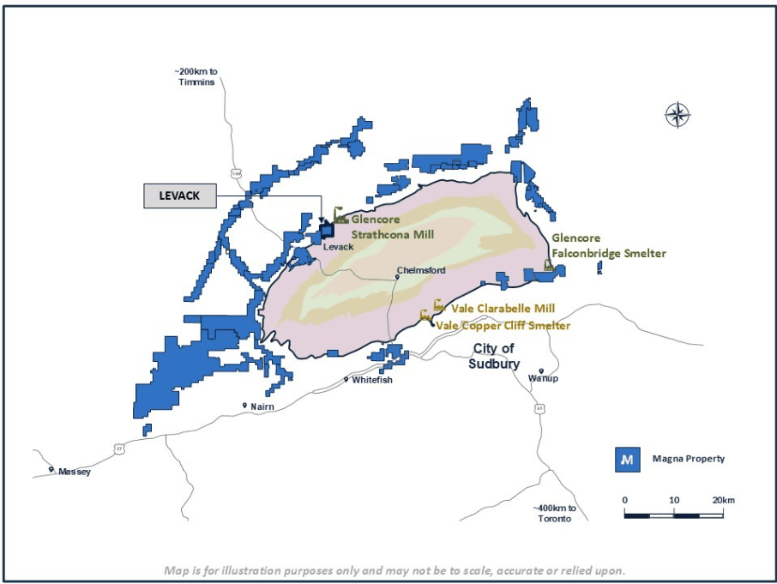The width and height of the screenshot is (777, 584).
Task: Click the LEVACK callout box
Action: tap(179, 196)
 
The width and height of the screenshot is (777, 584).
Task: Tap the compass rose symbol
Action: tap(678, 114)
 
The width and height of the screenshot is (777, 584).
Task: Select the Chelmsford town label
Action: tap(420, 271)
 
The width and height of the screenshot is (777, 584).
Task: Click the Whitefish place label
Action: tap(372, 380)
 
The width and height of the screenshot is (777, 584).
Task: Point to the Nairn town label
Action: tap(262, 406)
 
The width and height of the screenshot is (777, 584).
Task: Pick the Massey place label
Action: tap(74, 472)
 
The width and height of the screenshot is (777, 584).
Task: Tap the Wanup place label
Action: tap(543, 378)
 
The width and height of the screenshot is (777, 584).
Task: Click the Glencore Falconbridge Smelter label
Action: tap(608, 245)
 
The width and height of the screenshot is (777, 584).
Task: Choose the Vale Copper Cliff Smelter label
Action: tap(503, 325)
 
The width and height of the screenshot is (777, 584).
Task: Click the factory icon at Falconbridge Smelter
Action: tap(549, 265)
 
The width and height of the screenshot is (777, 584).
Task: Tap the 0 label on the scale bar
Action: tap(625, 500)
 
